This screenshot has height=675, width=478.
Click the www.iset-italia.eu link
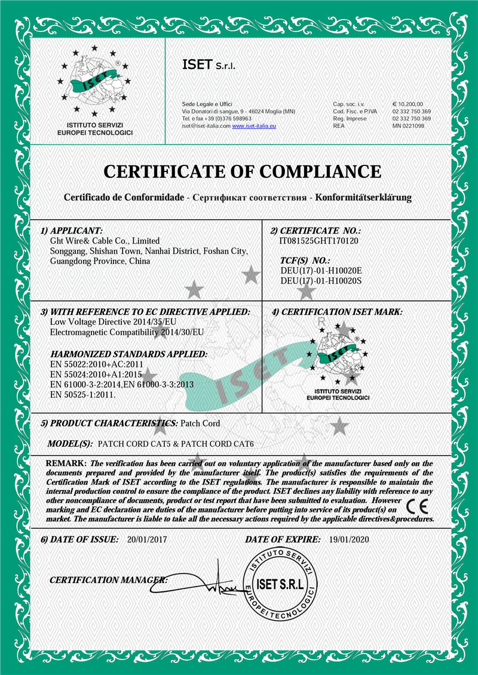coord(253,126)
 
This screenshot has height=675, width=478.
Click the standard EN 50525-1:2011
coord(82,394)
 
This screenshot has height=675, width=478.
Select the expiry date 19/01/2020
coord(350,539)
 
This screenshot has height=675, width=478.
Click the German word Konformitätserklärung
coord(363,197)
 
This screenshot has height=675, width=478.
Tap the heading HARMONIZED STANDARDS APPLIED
coord(129,354)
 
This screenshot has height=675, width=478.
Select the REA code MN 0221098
coord(408,126)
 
